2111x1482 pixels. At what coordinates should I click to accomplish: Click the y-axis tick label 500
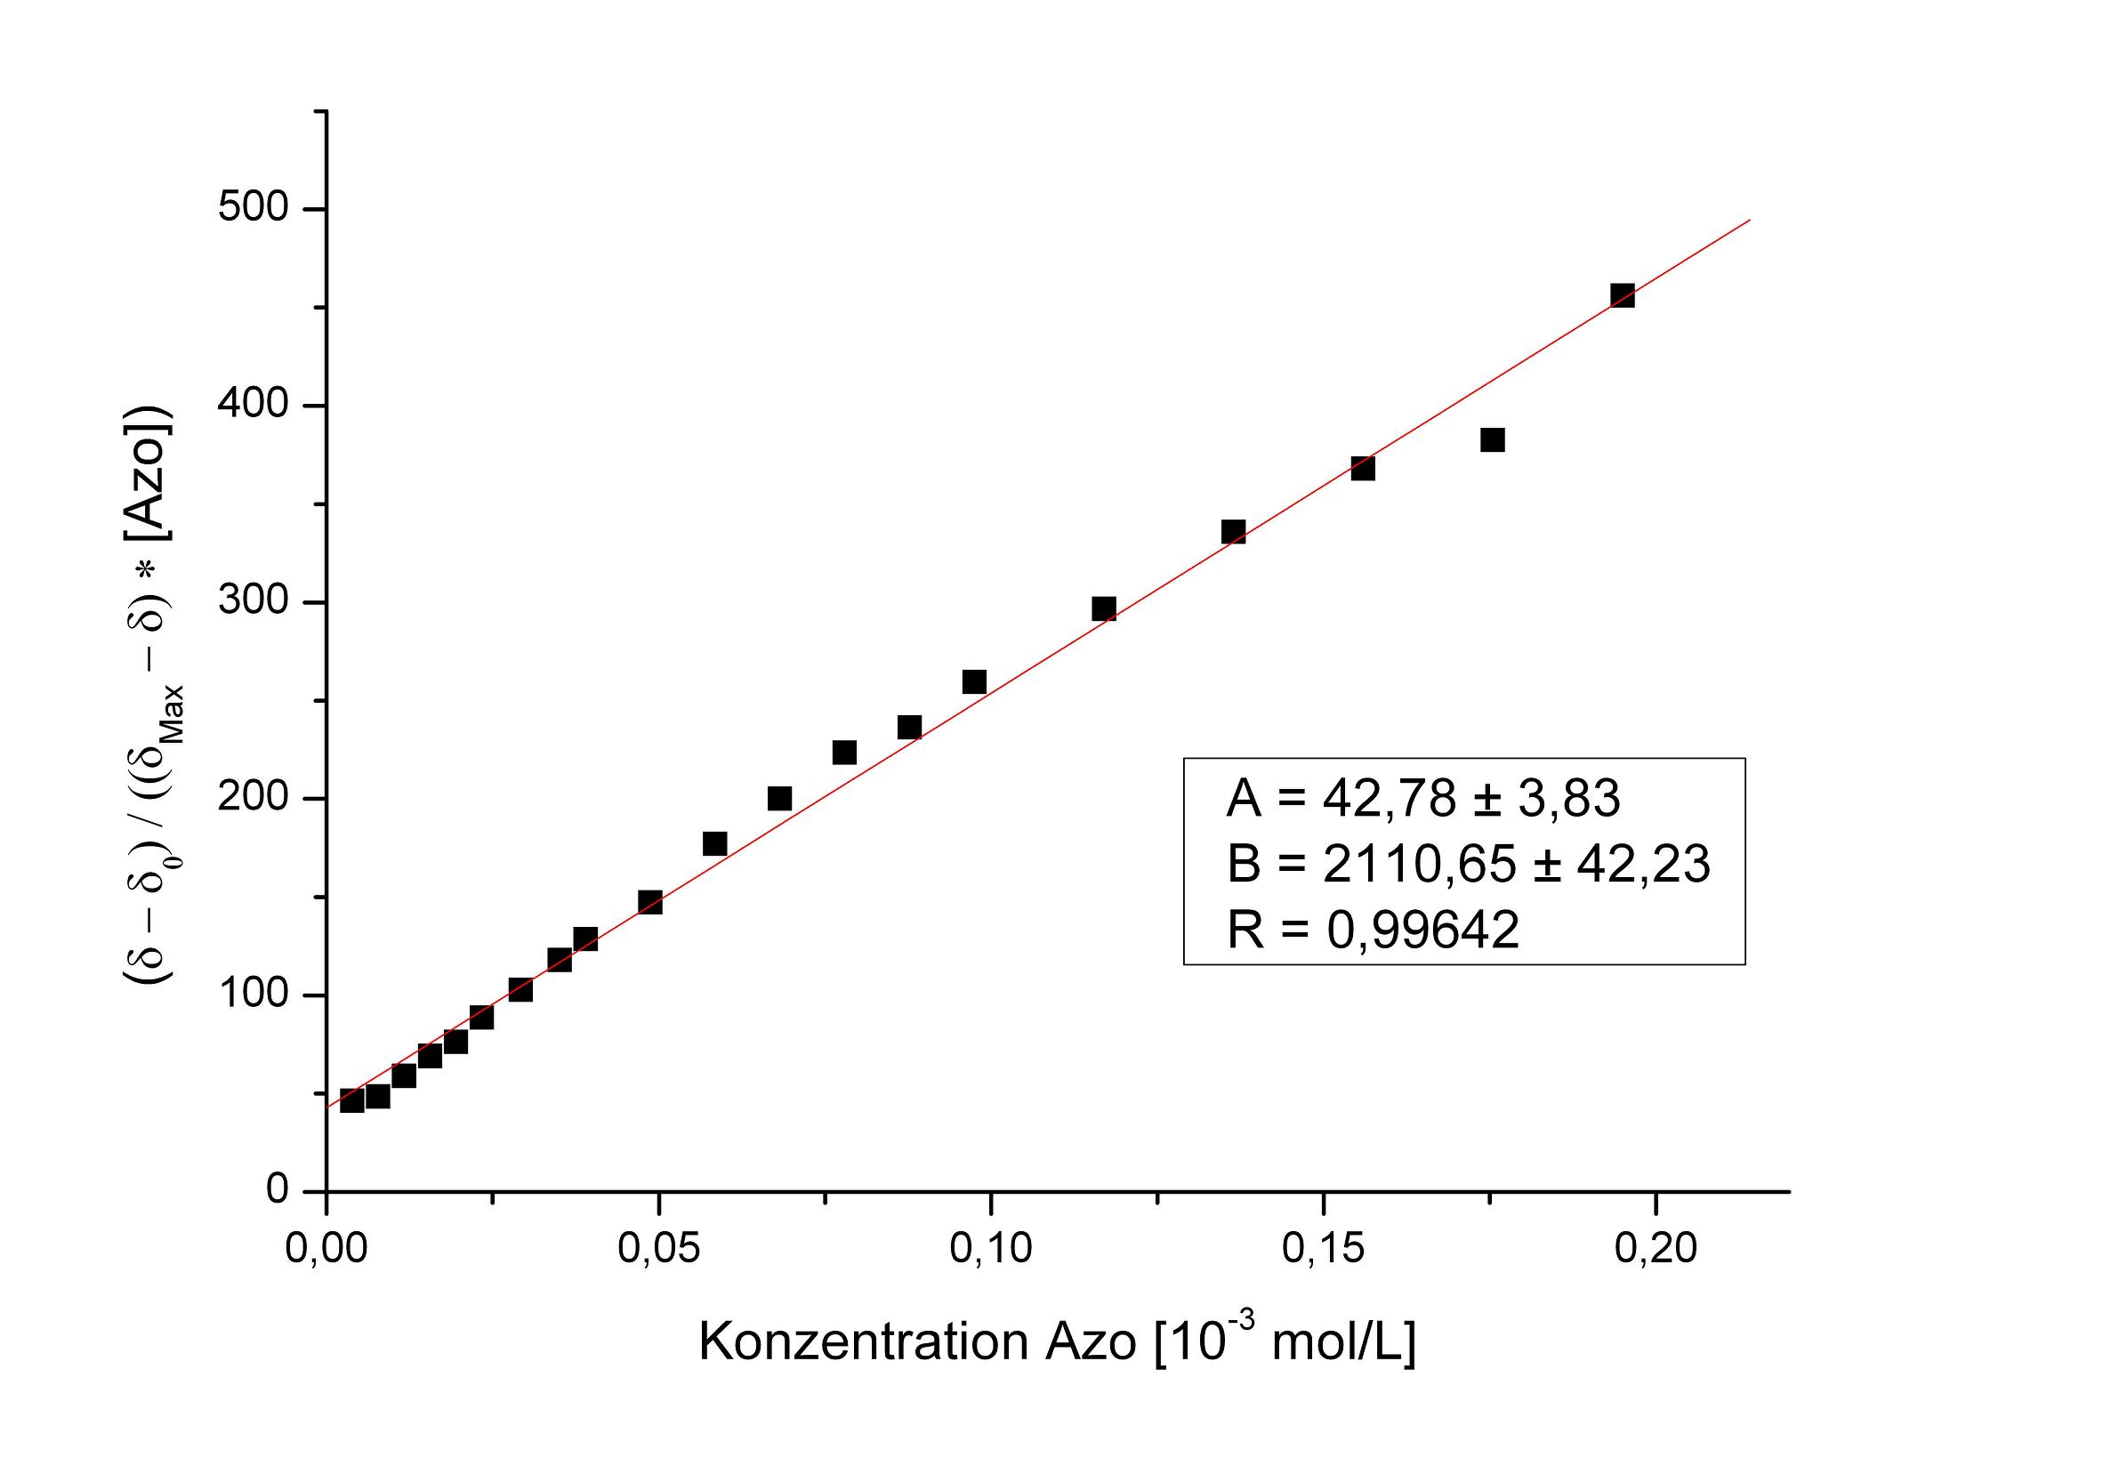253,208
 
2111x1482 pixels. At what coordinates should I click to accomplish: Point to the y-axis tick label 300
253,601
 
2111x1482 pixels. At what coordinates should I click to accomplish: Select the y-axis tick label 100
253,995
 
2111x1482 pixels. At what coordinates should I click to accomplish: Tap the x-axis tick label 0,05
658,1248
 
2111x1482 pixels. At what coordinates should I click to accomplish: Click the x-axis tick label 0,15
1322,1248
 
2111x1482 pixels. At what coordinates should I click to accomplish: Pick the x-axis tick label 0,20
1655,1248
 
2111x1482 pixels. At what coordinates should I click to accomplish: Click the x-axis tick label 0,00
326,1248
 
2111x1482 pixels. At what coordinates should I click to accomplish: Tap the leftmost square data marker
351,1100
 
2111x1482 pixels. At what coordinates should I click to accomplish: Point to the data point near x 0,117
1103,608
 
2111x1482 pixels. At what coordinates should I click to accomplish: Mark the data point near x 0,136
1233,532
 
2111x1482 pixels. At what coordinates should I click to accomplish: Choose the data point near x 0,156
1363,468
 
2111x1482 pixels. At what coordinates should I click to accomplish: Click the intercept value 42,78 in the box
1390,798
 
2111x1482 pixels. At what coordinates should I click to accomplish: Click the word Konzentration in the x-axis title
862,1342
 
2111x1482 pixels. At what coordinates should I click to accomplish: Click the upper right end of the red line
1749,220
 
